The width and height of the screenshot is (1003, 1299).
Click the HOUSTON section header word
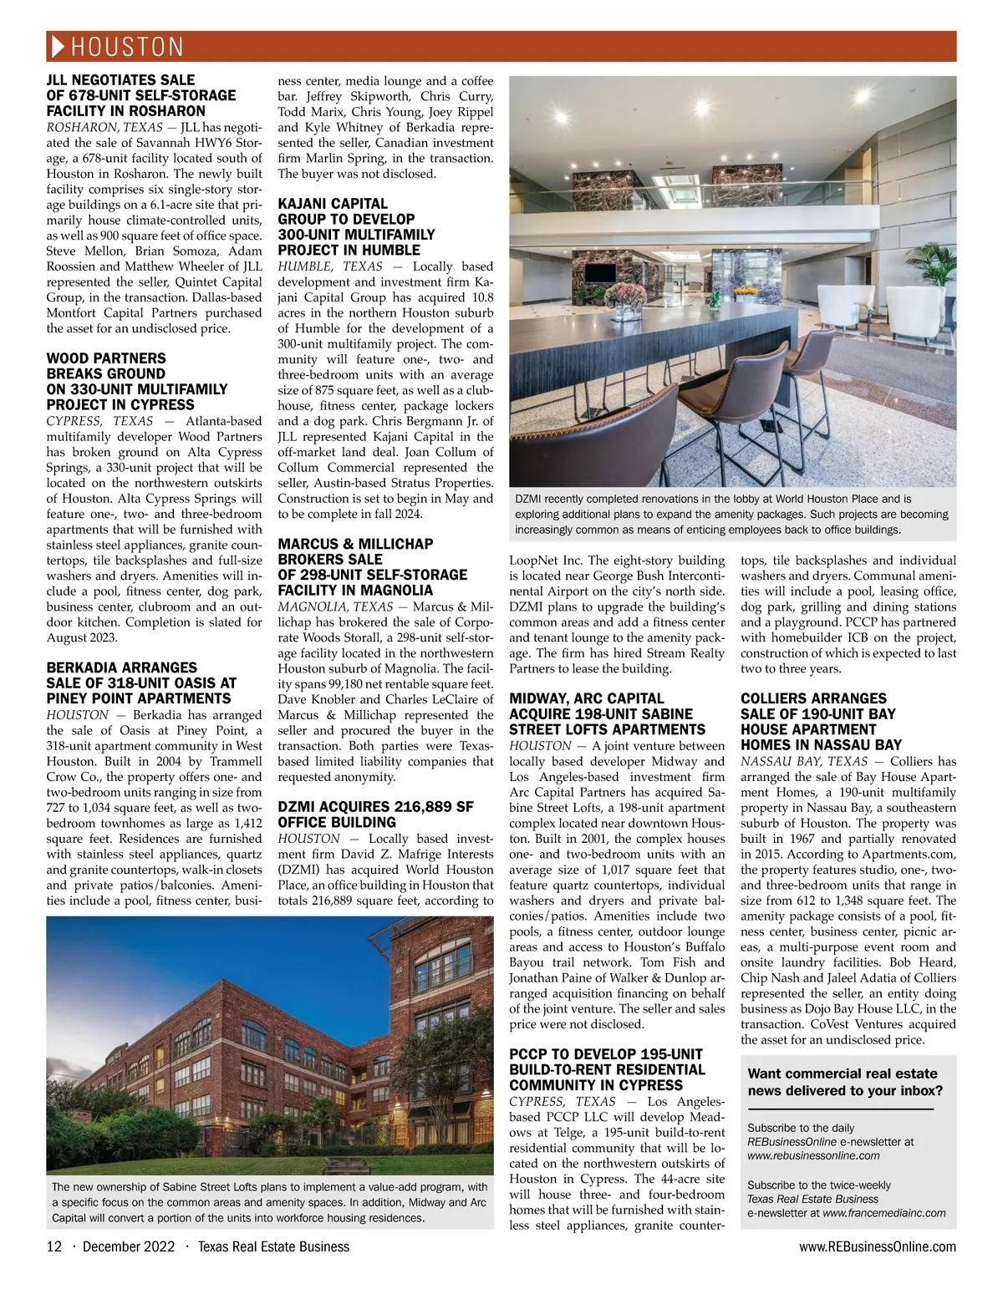(127, 46)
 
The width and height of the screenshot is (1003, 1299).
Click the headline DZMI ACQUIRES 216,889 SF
(375, 814)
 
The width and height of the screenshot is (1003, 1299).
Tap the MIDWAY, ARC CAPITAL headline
(608, 714)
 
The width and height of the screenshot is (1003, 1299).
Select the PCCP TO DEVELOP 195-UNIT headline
(607, 1069)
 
